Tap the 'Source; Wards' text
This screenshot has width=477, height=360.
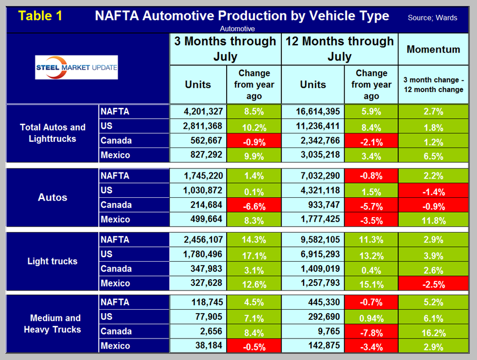pos(432,18)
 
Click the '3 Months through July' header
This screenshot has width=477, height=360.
pos(225,49)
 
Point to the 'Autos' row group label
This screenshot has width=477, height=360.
pos(52,198)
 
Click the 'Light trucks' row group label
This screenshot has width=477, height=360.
pos(52,262)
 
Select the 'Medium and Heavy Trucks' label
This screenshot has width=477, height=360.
pos(52,324)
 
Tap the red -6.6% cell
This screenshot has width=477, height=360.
pos(254,205)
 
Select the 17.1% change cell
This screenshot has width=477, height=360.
pos(254,254)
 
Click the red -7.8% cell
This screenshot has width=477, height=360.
pos(371,331)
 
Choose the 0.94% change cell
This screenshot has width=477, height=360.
pos(371,316)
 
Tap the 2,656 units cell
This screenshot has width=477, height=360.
pos(197,331)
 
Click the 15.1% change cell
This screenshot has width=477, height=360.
pos(371,283)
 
